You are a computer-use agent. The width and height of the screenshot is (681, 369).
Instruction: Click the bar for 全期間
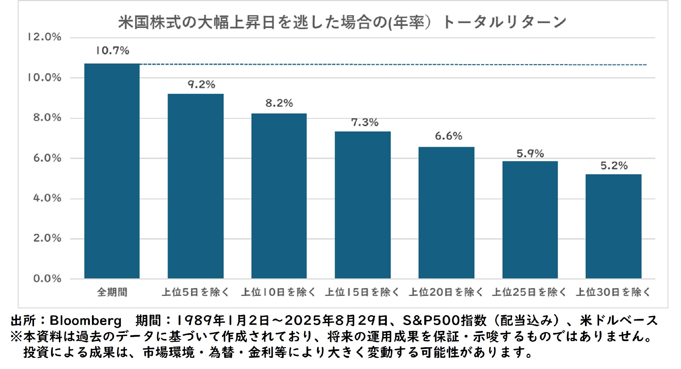[112, 171]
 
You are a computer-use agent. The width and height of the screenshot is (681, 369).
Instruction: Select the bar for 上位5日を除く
[195, 186]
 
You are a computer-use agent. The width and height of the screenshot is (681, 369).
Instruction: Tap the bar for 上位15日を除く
[363, 205]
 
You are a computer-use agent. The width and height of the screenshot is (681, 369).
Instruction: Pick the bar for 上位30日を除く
[613, 226]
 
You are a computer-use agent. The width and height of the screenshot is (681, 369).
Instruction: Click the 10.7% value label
[112, 51]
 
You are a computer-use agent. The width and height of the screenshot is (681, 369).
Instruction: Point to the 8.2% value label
[279, 103]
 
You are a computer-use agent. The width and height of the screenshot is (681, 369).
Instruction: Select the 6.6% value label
[448, 136]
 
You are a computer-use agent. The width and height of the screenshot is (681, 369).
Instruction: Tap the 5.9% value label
[530, 154]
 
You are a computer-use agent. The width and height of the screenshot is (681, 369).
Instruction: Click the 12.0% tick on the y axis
[45, 37]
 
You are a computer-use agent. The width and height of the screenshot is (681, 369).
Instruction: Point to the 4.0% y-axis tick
[47, 198]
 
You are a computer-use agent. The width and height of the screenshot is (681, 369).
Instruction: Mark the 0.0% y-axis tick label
[47, 278]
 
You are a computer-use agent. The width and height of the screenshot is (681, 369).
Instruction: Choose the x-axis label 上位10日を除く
[279, 292]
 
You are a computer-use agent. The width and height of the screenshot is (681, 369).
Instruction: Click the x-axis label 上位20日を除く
[446, 292]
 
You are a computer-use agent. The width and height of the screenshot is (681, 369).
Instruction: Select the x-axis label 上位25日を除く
[529, 292]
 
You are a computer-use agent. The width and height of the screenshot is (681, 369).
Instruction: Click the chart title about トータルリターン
[342, 22]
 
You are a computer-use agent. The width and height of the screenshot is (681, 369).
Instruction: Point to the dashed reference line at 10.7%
[392, 64]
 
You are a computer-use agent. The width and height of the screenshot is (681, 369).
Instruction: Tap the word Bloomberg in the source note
[85, 321]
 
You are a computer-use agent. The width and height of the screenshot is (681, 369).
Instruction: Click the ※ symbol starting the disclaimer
[16, 337]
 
